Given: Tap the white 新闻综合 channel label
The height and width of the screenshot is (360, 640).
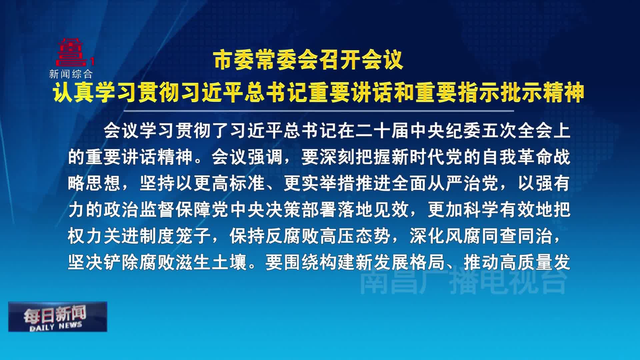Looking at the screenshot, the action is [71, 74].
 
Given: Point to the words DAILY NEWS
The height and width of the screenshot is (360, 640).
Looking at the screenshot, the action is [56, 326].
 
